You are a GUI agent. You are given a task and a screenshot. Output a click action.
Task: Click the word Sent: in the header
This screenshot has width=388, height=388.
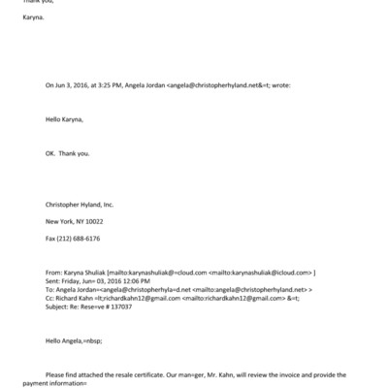[53, 281]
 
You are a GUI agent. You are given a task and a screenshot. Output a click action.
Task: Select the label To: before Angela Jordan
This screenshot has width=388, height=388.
[49, 289]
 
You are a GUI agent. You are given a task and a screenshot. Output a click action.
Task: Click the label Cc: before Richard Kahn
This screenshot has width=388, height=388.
[50, 297]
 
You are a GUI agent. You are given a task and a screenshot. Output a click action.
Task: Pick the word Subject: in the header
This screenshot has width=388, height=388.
[59, 306]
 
